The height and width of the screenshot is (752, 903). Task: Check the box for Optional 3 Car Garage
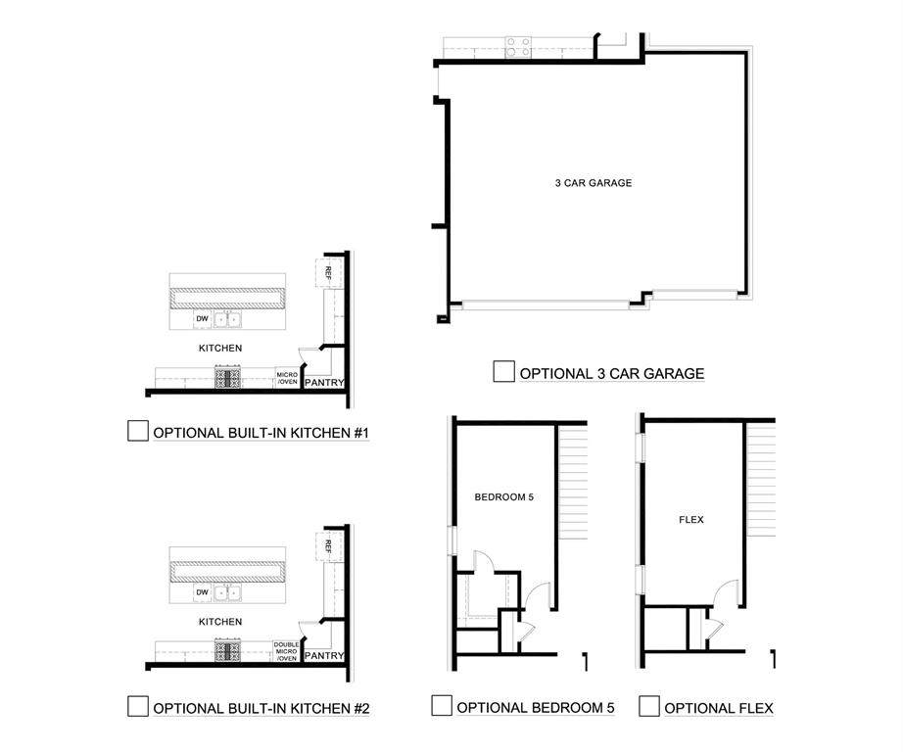pyautogui.click(x=504, y=372)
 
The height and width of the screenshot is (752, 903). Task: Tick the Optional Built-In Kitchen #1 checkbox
pyautogui.click(x=138, y=431)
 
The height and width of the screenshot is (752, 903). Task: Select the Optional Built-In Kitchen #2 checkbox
pyautogui.click(x=138, y=706)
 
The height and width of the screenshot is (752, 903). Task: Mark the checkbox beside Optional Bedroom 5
pyautogui.click(x=442, y=706)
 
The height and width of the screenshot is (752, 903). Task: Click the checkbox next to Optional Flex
pyautogui.click(x=648, y=706)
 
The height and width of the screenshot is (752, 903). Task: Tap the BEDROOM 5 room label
pyautogui.click(x=503, y=497)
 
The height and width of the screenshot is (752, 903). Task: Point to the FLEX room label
pyautogui.click(x=691, y=520)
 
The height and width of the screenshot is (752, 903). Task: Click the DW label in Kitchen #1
pyautogui.click(x=202, y=319)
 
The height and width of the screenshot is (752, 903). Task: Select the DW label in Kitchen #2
pyautogui.click(x=202, y=592)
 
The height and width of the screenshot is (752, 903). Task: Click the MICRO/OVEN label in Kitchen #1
pyautogui.click(x=286, y=378)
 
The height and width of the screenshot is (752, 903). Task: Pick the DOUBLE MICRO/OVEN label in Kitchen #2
pyautogui.click(x=286, y=651)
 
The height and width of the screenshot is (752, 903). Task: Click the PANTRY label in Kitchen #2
pyautogui.click(x=323, y=655)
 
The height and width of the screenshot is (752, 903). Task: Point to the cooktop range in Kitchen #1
pyautogui.click(x=228, y=378)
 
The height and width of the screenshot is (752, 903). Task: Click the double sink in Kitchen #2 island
pyautogui.click(x=228, y=592)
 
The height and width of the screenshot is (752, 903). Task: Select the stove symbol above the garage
pyautogui.click(x=518, y=46)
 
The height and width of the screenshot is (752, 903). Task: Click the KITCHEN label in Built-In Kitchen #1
pyautogui.click(x=220, y=348)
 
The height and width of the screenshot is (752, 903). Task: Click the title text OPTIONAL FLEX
pyautogui.click(x=719, y=708)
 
